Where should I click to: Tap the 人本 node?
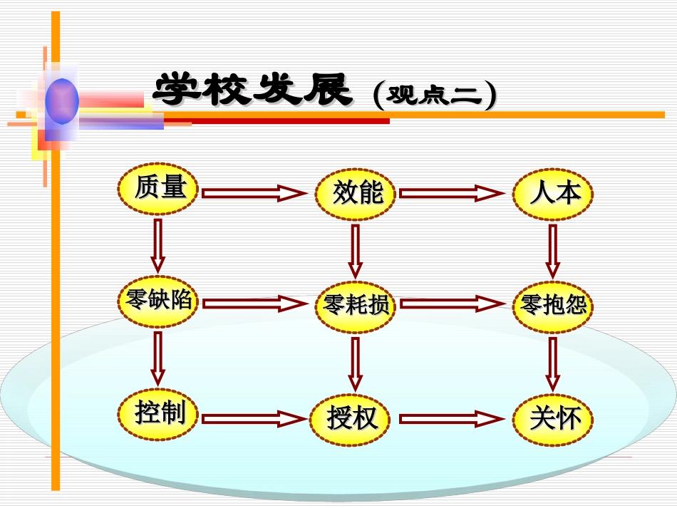click(552, 192)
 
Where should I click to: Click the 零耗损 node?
click(356, 306)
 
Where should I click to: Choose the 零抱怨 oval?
click(552, 306)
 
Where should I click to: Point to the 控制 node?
click(158, 413)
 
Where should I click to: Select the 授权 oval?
click(351, 418)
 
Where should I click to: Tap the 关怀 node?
click(552, 418)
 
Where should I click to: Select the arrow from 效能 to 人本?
click(451, 193)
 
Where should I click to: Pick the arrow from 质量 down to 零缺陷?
click(157, 246)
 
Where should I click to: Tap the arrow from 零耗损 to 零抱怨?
click(451, 304)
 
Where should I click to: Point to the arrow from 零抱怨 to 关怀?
click(552, 363)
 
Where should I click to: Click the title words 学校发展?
click(254, 91)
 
